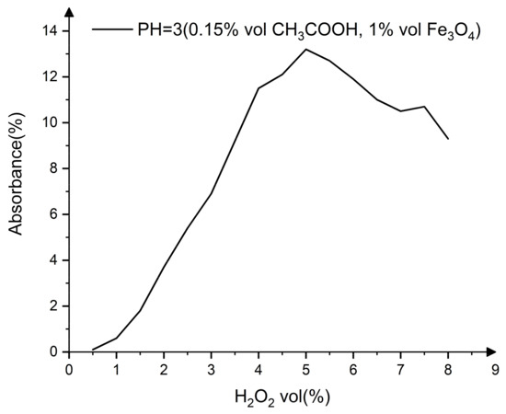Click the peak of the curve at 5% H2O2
(305, 49)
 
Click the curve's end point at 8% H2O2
(448, 138)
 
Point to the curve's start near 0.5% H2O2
(93, 350)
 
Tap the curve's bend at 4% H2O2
(259, 87)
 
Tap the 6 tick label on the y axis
(53, 213)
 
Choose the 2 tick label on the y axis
(53, 305)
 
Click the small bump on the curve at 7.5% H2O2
(424, 107)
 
